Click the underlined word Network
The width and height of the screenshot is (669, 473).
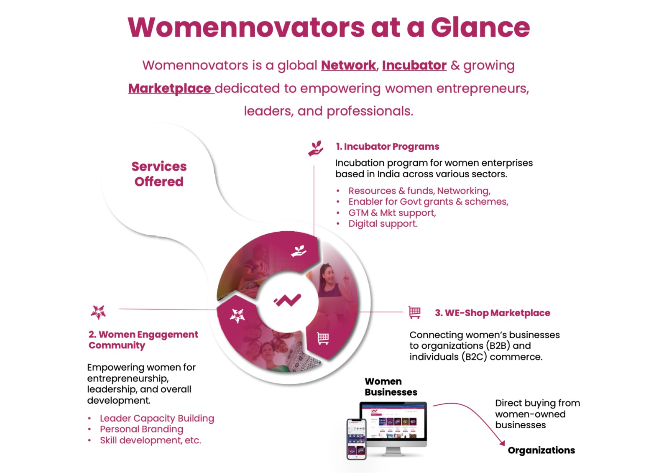[348, 65]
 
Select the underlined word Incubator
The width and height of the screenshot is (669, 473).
[414, 65]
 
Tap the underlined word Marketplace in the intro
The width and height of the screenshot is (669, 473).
[170, 88]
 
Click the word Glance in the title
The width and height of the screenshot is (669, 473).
[480, 28]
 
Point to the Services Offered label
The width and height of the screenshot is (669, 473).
[159, 174]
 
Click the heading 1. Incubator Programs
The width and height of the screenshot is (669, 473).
[387, 146]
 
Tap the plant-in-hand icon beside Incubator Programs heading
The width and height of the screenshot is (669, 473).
[316, 148]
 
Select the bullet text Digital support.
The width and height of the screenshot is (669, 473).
[383, 223]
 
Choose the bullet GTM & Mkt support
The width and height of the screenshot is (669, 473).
[392, 213]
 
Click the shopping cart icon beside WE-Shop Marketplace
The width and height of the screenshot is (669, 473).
[414, 312]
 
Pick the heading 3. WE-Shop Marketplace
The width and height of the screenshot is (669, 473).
[493, 313]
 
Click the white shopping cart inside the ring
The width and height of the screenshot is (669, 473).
[323, 338]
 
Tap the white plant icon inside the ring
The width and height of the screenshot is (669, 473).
[299, 251]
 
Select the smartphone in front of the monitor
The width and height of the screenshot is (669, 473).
[356, 439]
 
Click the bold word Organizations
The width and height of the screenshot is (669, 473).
[541, 450]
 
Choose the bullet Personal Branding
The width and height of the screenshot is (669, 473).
[142, 429]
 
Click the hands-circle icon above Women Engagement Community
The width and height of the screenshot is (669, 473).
[98, 312]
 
